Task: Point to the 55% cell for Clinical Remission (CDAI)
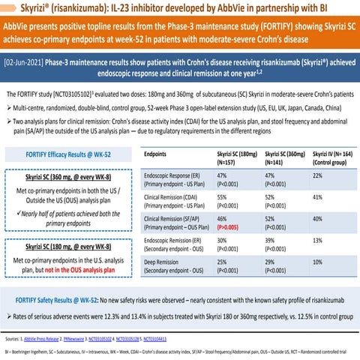click(221, 196)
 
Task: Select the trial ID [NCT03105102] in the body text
click(73, 94)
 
